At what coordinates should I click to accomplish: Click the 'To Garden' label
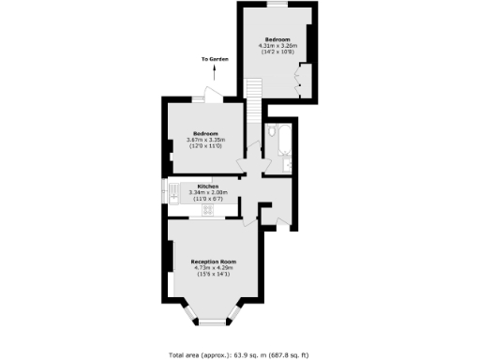(x=214, y=61)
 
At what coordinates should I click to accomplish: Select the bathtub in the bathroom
(x=273, y=142)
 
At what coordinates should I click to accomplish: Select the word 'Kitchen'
(x=208, y=187)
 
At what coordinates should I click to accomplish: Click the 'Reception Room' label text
(x=213, y=261)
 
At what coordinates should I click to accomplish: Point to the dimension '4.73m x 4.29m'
(x=213, y=267)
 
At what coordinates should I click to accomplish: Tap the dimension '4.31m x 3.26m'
(x=277, y=46)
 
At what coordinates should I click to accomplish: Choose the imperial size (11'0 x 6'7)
(x=208, y=199)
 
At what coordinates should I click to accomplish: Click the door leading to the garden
(x=213, y=97)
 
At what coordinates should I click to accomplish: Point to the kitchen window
(x=167, y=192)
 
